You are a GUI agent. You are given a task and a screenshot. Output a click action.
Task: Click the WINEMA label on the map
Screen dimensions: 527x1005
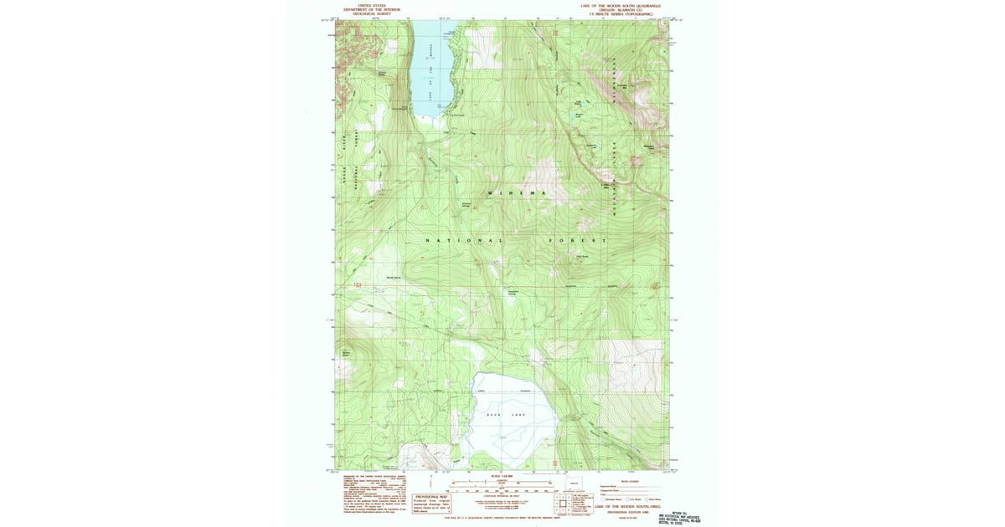point(517,193)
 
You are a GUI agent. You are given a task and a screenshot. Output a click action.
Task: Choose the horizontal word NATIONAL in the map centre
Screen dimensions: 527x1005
point(465,241)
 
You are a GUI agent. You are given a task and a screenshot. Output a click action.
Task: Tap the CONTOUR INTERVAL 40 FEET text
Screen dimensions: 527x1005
point(502,497)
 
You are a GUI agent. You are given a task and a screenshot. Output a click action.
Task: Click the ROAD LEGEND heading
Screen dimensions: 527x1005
point(628,481)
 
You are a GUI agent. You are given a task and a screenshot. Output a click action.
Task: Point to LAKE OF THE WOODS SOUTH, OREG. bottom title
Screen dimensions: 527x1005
point(627,506)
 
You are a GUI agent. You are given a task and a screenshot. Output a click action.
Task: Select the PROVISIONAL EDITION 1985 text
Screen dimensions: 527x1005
point(627,512)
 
